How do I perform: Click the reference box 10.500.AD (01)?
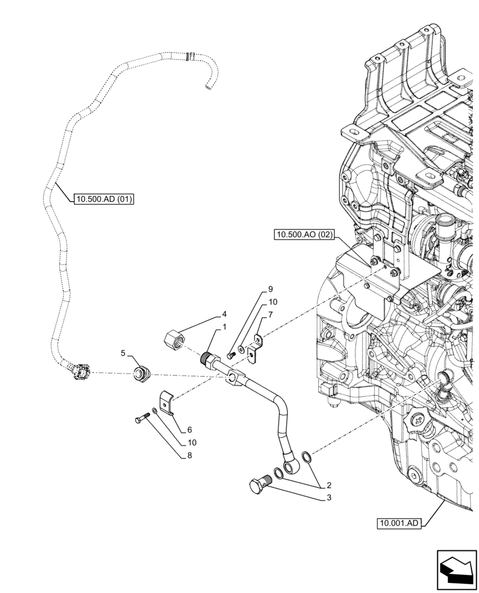(104, 199)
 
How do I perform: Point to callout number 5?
(123, 353)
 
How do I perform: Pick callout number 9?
(270, 289)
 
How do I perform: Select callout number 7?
(270, 314)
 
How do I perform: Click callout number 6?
(189, 429)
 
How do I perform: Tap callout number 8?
(189, 455)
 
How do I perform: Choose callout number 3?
(328, 498)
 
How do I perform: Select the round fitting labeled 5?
(142, 373)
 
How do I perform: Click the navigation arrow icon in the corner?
(456, 569)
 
